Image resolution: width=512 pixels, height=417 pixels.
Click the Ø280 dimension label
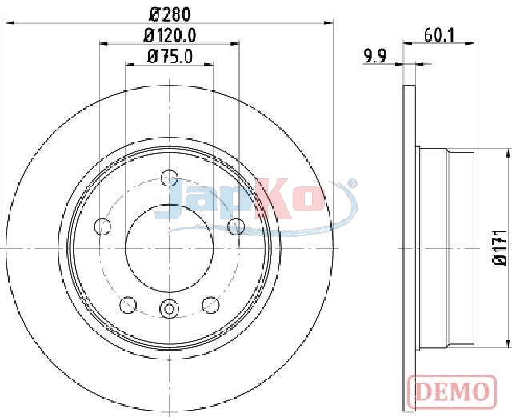coord(170,14)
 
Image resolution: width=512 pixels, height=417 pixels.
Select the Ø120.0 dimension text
coord(170,35)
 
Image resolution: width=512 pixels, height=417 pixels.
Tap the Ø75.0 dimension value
coord(170,56)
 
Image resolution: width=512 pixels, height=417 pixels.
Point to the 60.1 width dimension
coord(439,35)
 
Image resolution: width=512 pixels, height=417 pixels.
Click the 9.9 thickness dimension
coord(375,56)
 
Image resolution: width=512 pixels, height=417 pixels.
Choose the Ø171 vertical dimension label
coord(500,247)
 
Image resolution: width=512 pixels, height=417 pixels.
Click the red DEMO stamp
coord(452,391)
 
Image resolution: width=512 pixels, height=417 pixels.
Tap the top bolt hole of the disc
coord(170,178)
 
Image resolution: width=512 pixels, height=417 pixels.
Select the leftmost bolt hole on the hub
coord(102,227)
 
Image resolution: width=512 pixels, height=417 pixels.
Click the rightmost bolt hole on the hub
coord(236,227)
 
